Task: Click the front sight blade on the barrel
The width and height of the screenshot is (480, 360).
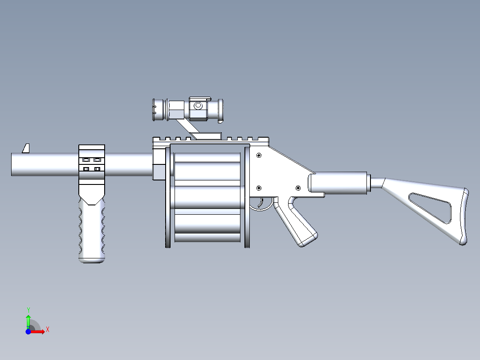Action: [26, 148]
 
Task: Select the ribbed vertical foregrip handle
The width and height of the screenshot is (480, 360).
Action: [92, 232]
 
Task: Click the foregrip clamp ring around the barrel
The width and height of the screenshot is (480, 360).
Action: [92, 164]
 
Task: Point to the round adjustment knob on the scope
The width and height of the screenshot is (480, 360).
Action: [198, 106]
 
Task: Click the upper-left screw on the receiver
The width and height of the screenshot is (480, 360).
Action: [259, 155]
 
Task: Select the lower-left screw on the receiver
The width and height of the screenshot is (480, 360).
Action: [259, 188]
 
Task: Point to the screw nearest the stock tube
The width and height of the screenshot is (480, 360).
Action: [298, 188]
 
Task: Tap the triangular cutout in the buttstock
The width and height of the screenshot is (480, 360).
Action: [430, 207]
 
